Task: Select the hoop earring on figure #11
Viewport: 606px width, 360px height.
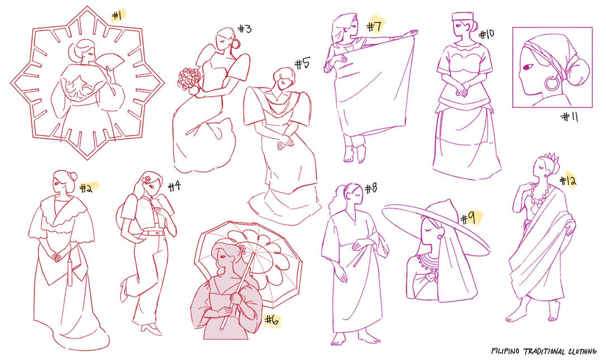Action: (x=552, y=82)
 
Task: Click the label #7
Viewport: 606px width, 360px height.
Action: (x=374, y=26)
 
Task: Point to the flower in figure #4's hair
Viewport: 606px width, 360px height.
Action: (x=147, y=180)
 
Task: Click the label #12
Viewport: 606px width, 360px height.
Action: (x=567, y=180)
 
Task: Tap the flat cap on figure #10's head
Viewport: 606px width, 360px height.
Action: (x=462, y=17)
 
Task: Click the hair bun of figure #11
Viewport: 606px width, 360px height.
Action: (x=578, y=73)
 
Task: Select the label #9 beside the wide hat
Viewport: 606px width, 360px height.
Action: (x=468, y=219)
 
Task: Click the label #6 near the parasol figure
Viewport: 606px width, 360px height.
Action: (x=272, y=320)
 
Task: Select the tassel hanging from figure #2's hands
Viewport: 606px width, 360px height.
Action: (x=70, y=271)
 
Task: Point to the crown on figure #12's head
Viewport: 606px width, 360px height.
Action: (x=551, y=157)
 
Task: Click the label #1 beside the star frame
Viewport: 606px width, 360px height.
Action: (x=117, y=16)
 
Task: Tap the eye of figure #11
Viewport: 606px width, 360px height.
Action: (x=527, y=67)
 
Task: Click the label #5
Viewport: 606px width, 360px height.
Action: (x=303, y=64)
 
